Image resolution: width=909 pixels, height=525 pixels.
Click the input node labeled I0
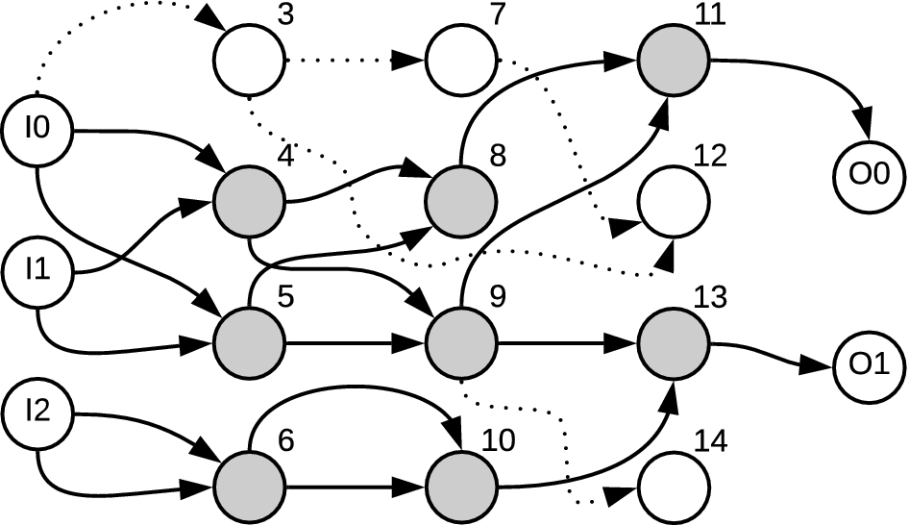37,130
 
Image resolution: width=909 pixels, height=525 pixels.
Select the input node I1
37,272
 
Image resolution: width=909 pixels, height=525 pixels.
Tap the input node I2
37,414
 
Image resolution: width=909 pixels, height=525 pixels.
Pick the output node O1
870,366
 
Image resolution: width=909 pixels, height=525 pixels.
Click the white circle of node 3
249,60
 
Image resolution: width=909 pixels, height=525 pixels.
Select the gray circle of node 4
249,201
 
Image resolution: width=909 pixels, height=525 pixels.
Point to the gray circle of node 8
461,201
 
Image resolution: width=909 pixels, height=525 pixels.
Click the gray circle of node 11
674,60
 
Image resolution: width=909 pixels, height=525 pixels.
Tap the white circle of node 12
674,201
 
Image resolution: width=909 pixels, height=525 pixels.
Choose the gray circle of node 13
674,343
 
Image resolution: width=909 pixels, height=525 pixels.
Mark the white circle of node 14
674,487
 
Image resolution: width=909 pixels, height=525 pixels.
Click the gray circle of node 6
249,487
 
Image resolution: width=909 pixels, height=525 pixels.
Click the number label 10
498,441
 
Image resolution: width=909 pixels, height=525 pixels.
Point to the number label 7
498,14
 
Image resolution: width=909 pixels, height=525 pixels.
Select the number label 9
498,298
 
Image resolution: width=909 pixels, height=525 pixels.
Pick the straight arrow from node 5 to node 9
356,343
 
